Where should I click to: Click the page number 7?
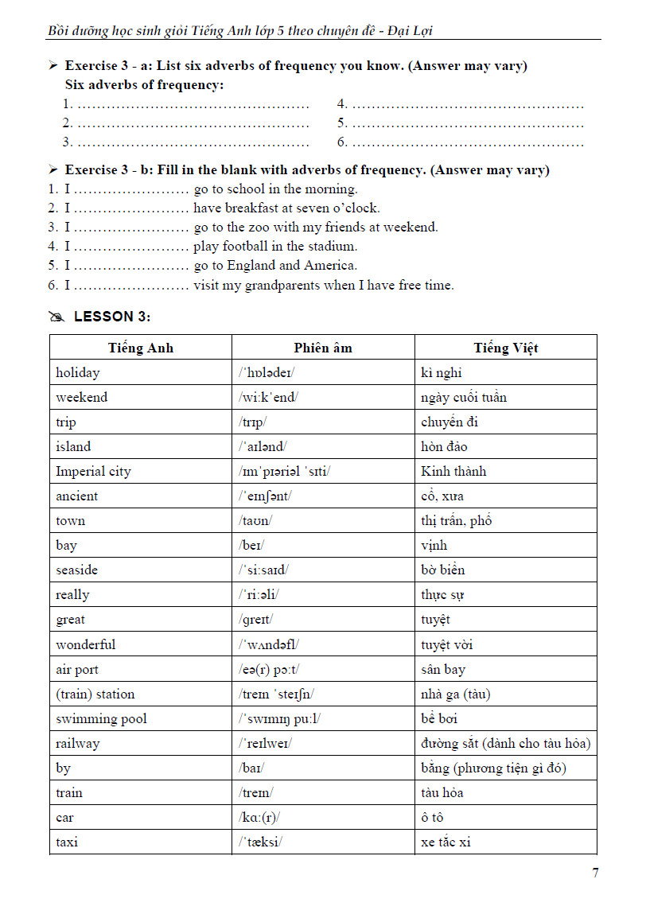pos(595,873)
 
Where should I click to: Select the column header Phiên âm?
pos(322,348)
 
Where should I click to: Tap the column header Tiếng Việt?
pos(505,348)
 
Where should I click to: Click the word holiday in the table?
pos(78,372)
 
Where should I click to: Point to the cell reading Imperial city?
pos(93,471)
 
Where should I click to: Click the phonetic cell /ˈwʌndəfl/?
pos(269,644)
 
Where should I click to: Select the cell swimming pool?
pos(101,718)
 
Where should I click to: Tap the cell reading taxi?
pos(67,842)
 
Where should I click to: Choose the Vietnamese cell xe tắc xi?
pos(446,842)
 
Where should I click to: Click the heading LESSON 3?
pos(112,317)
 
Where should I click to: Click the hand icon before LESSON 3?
pos(56,317)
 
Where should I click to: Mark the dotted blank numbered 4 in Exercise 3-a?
pos(467,104)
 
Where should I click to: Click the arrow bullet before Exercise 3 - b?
pos(53,170)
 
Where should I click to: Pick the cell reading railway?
pos(78,743)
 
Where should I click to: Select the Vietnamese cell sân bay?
pos(443,669)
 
